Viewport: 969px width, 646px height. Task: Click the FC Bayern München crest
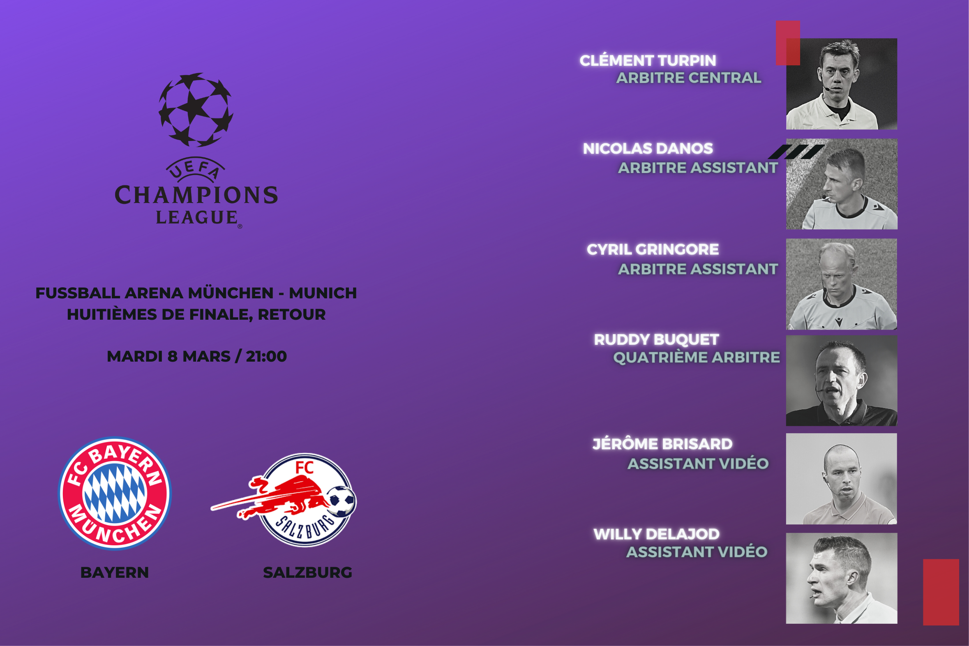click(115, 493)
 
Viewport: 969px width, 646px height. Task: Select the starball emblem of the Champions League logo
click(196, 110)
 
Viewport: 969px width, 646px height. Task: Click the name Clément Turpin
click(648, 60)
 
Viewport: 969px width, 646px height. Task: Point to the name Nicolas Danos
click(648, 148)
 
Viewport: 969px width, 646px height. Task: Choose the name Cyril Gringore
click(653, 249)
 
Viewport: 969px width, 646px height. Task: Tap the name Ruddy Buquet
click(656, 339)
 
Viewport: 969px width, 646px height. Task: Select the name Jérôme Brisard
click(662, 444)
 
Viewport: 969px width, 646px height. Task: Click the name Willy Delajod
click(656, 534)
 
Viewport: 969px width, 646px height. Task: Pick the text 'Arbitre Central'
click(688, 78)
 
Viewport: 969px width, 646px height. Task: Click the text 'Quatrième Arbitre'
click(696, 357)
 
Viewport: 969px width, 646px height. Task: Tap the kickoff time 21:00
click(266, 356)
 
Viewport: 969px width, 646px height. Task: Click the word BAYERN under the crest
click(115, 572)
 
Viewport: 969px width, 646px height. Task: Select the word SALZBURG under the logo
click(307, 572)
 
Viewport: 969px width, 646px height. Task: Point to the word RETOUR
click(292, 314)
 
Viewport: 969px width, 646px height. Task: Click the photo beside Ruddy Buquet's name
click(841, 380)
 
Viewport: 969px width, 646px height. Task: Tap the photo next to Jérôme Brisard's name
click(841, 478)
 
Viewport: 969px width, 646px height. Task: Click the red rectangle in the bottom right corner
click(941, 592)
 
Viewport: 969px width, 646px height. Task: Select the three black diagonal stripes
click(796, 152)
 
